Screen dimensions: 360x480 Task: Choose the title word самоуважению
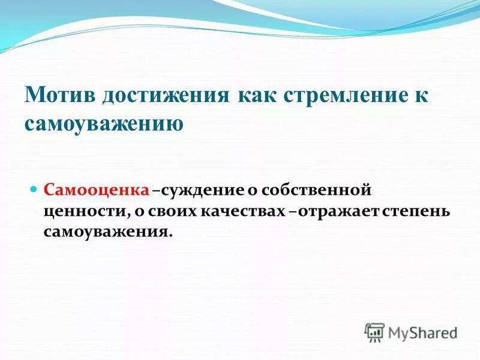coord(104,124)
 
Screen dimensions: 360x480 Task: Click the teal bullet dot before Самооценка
coord(35,189)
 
